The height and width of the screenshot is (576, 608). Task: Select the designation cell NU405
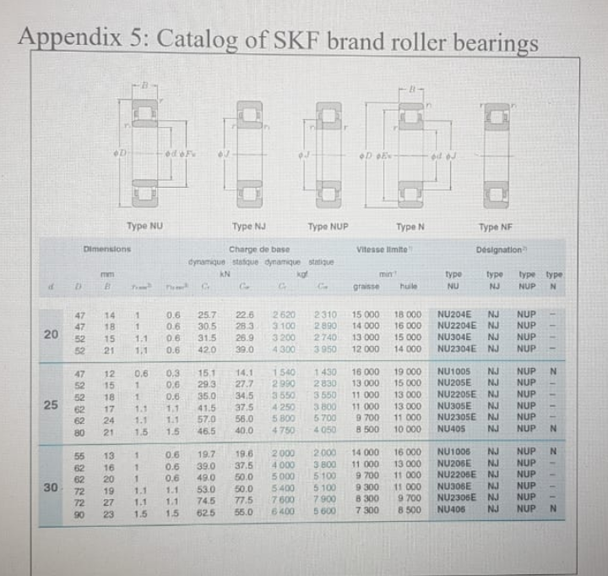(453, 430)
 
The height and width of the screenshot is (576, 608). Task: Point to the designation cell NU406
(453, 511)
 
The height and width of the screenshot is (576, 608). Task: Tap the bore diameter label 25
(53, 403)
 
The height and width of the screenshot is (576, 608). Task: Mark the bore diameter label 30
(53, 487)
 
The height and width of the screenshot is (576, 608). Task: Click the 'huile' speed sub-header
(409, 287)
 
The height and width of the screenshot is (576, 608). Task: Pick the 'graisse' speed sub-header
(365, 287)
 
